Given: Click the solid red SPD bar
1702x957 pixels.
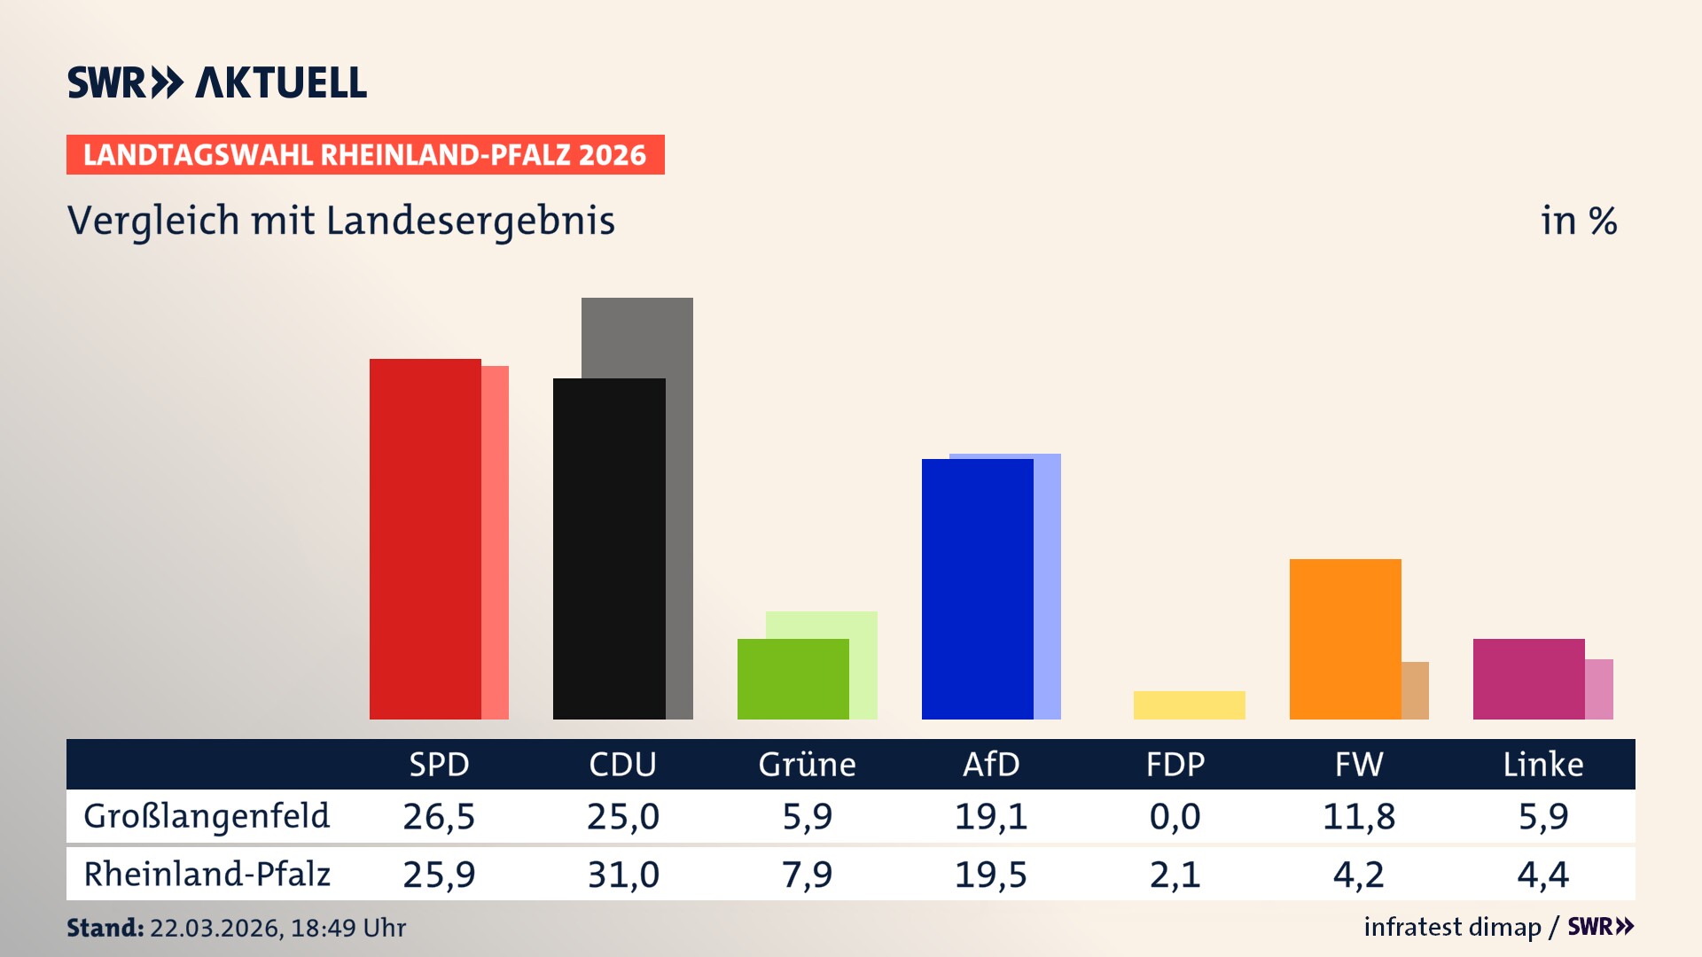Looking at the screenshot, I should (x=425, y=539).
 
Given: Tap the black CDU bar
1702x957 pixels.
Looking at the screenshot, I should (x=609, y=549).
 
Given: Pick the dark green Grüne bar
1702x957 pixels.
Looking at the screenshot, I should (x=792, y=679).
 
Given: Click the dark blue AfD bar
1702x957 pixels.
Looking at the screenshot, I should (x=977, y=588).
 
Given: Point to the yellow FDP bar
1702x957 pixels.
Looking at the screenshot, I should (x=1189, y=705).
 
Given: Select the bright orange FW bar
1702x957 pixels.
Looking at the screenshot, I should (x=1345, y=639).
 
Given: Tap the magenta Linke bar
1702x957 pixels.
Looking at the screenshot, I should (x=1528, y=679).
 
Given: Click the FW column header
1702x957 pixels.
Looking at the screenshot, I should (x=1358, y=764).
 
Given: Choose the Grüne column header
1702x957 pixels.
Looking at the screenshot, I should (x=807, y=764).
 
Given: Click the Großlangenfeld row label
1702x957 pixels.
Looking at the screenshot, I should (x=207, y=816).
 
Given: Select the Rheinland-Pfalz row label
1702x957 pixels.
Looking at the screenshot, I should (x=207, y=875).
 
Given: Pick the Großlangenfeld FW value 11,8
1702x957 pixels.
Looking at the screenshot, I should (x=1358, y=816).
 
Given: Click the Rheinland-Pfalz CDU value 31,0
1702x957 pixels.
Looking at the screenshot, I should (x=623, y=875).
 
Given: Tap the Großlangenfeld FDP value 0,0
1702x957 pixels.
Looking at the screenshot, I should (x=1175, y=816).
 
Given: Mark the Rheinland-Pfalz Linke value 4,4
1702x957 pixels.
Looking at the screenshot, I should (x=1542, y=875).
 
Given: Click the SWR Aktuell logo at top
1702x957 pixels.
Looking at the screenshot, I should (x=217, y=82).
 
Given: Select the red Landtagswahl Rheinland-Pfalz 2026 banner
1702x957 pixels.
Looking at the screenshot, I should (x=365, y=155).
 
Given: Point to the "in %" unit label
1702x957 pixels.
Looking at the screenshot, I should (x=1578, y=221).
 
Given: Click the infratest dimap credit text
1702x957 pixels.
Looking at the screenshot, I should (x=1451, y=927).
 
